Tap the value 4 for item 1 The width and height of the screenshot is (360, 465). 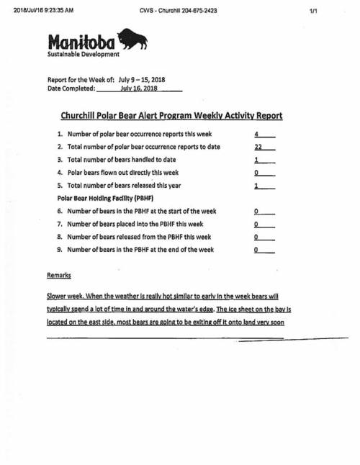pos(256,135)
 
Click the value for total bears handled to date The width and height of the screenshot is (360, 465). pos(256,160)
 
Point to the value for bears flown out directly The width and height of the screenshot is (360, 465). pos(256,173)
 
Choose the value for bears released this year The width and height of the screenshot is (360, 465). pos(256,186)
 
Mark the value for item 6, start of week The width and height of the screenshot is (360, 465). pos(256,212)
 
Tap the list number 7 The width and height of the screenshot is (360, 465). pos(60,224)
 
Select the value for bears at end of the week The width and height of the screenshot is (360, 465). pos(256,250)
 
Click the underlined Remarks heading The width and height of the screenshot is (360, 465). pos(59,275)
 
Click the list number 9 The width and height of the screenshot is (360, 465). pos(60,250)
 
